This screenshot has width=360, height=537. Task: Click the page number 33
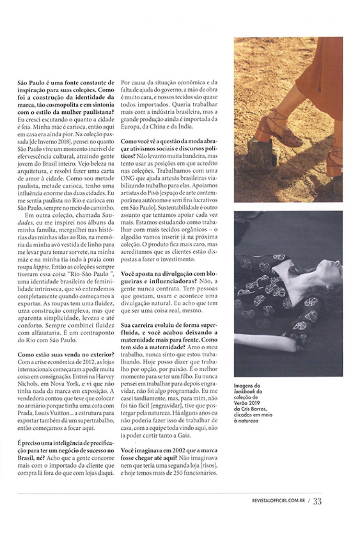tap(317, 502)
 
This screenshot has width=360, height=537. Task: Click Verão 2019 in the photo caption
tap(246, 403)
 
